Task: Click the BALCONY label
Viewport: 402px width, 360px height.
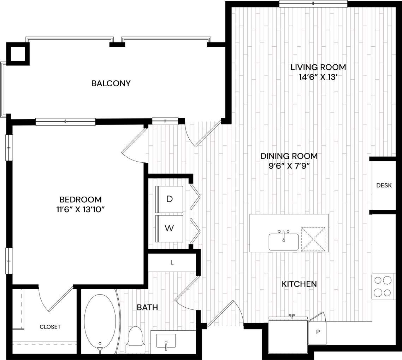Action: pyautogui.click(x=111, y=83)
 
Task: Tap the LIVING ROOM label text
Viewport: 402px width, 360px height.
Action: pyautogui.click(x=318, y=67)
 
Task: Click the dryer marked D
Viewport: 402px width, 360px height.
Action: pyautogui.click(x=170, y=199)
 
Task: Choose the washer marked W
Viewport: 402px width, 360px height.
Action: pyautogui.click(x=170, y=228)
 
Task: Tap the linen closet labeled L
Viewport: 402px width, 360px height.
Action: pyautogui.click(x=172, y=262)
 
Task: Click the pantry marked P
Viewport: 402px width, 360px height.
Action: pyautogui.click(x=318, y=332)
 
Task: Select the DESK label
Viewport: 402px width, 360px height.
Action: pyautogui.click(x=384, y=185)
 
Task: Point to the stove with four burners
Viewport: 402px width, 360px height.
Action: pyautogui.click(x=383, y=286)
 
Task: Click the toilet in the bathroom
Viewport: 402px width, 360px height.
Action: pyautogui.click(x=136, y=339)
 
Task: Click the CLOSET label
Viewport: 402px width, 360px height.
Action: pyautogui.click(x=50, y=327)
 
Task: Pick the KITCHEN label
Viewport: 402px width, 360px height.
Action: pyautogui.click(x=299, y=284)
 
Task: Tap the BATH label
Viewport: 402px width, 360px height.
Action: pyautogui.click(x=147, y=307)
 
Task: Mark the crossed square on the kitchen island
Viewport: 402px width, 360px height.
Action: pyautogui.click(x=313, y=239)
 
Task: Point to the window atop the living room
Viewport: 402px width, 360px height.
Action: pyautogui.click(x=313, y=4)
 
